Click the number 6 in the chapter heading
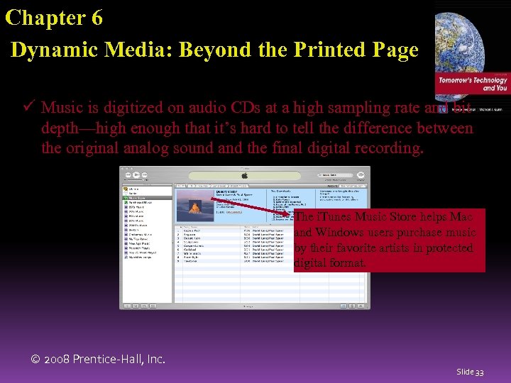click(x=96, y=18)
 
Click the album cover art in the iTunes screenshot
click(x=193, y=205)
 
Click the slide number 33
click(x=480, y=372)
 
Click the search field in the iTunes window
click(x=334, y=173)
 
